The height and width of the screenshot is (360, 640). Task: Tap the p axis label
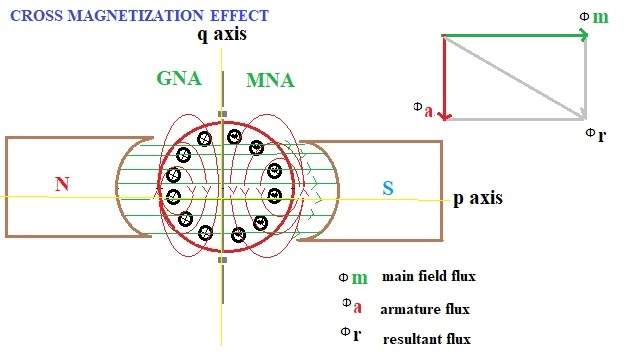click(477, 199)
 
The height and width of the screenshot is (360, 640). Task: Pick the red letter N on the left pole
click(61, 184)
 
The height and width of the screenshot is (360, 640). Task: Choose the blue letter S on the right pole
click(389, 187)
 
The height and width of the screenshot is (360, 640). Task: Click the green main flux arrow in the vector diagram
click(515, 36)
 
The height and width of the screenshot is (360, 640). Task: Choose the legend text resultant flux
click(426, 339)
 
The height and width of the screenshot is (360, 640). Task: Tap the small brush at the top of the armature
click(221, 114)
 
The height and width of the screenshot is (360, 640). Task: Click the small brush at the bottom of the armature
click(221, 262)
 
